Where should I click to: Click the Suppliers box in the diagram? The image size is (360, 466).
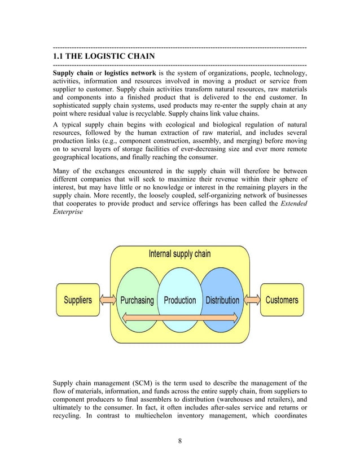[x=78, y=300]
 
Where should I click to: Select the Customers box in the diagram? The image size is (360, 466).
[x=282, y=300]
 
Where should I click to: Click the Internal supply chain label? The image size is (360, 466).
[x=179, y=254]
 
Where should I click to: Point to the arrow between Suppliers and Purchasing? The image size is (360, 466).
[x=108, y=301]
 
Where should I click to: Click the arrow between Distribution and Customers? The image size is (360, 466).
[x=251, y=301]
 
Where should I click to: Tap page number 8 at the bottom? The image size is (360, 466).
[x=179, y=441]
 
